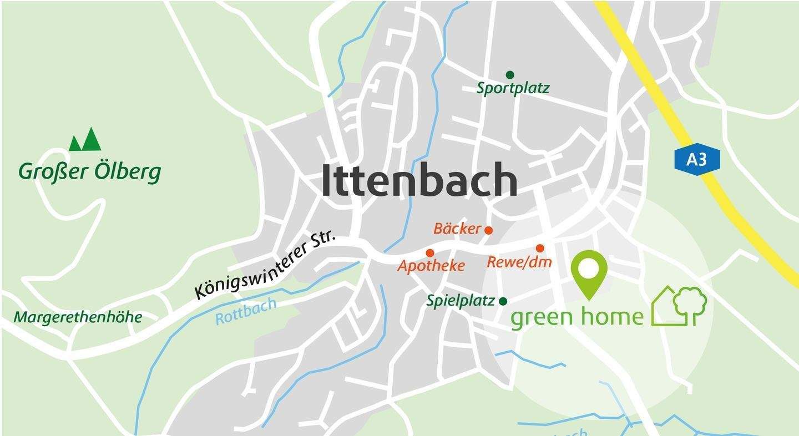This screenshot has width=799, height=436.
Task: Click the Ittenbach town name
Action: pyautogui.click(x=419, y=180)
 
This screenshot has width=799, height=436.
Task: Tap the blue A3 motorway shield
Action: pyautogui.click(x=697, y=160)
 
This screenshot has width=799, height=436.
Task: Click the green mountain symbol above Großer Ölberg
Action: pyautogui.click(x=85, y=140)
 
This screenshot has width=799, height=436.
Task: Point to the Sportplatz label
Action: pyautogui.click(x=513, y=88)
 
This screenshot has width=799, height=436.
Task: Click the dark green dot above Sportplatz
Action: pyautogui.click(x=510, y=75)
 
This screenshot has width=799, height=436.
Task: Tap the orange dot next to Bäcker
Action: pyautogui.click(x=489, y=230)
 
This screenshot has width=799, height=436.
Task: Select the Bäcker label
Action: pyautogui.click(x=457, y=229)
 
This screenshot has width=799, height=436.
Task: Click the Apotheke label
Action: pyautogui.click(x=431, y=266)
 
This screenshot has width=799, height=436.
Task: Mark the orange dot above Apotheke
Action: pyautogui.click(x=429, y=254)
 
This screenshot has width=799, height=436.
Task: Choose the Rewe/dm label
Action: pyautogui.click(x=519, y=262)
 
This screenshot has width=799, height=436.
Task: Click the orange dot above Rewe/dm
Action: pyautogui.click(x=540, y=248)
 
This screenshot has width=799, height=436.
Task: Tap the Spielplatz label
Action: pyautogui.click(x=460, y=301)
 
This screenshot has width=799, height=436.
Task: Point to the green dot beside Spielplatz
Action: pyautogui.click(x=503, y=301)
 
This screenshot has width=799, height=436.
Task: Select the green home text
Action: pyautogui.click(x=577, y=317)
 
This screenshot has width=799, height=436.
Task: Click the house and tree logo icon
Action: pyautogui.click(x=679, y=305)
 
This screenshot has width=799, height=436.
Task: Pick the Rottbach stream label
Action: pyautogui.click(x=245, y=312)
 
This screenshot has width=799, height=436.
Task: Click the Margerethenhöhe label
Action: pyautogui.click(x=78, y=318)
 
